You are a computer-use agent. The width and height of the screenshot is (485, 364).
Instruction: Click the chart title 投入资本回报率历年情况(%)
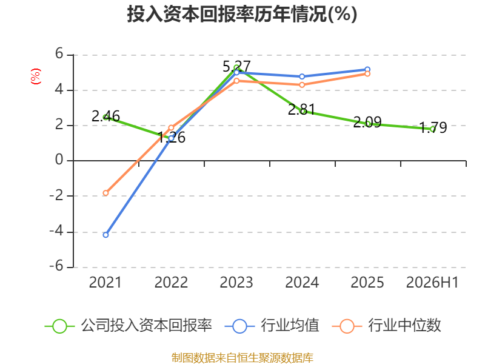(242, 14)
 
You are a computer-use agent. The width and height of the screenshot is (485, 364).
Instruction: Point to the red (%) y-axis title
(36, 76)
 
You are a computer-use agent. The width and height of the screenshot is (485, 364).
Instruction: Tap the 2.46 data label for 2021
(105, 116)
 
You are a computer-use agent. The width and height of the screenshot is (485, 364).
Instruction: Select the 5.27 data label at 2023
(236, 67)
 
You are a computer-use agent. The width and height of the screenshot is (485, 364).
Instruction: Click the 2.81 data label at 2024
(302, 110)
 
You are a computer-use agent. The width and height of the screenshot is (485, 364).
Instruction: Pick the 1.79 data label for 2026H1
(433, 127)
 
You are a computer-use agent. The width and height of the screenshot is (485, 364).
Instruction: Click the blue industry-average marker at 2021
(105, 235)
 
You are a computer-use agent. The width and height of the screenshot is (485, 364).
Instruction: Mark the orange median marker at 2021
(105, 193)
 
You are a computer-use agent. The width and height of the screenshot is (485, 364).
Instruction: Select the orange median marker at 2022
(171, 128)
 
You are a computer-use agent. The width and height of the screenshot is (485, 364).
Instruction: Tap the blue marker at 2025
(367, 70)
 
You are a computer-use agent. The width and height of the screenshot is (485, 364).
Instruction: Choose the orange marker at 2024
(302, 85)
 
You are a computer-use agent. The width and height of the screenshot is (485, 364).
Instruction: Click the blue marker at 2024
(302, 76)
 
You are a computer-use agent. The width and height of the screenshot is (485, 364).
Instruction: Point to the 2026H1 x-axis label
(432, 282)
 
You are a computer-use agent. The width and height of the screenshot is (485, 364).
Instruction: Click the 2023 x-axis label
(236, 282)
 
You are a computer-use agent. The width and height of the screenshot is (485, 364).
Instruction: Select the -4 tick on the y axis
(56, 231)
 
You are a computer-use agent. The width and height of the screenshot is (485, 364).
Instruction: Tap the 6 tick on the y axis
(59, 54)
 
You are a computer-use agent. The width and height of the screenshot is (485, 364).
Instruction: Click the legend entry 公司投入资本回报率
(129, 326)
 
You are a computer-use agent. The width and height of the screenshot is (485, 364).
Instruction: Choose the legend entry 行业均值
(272, 326)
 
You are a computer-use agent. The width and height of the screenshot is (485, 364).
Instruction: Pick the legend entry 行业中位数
(386, 326)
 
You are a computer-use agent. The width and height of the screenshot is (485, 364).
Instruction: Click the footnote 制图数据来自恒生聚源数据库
(242, 357)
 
